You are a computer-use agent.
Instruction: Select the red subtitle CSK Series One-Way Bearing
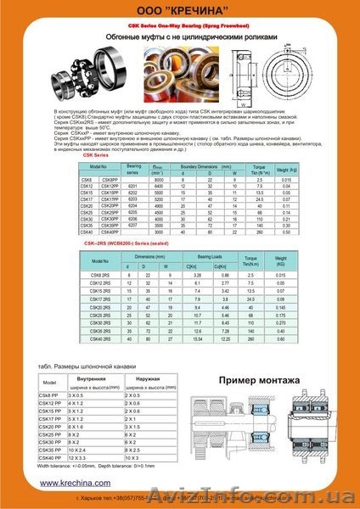pyautogui.click(x=180, y=27)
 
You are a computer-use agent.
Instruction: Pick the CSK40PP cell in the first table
pyautogui.click(x=134, y=232)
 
